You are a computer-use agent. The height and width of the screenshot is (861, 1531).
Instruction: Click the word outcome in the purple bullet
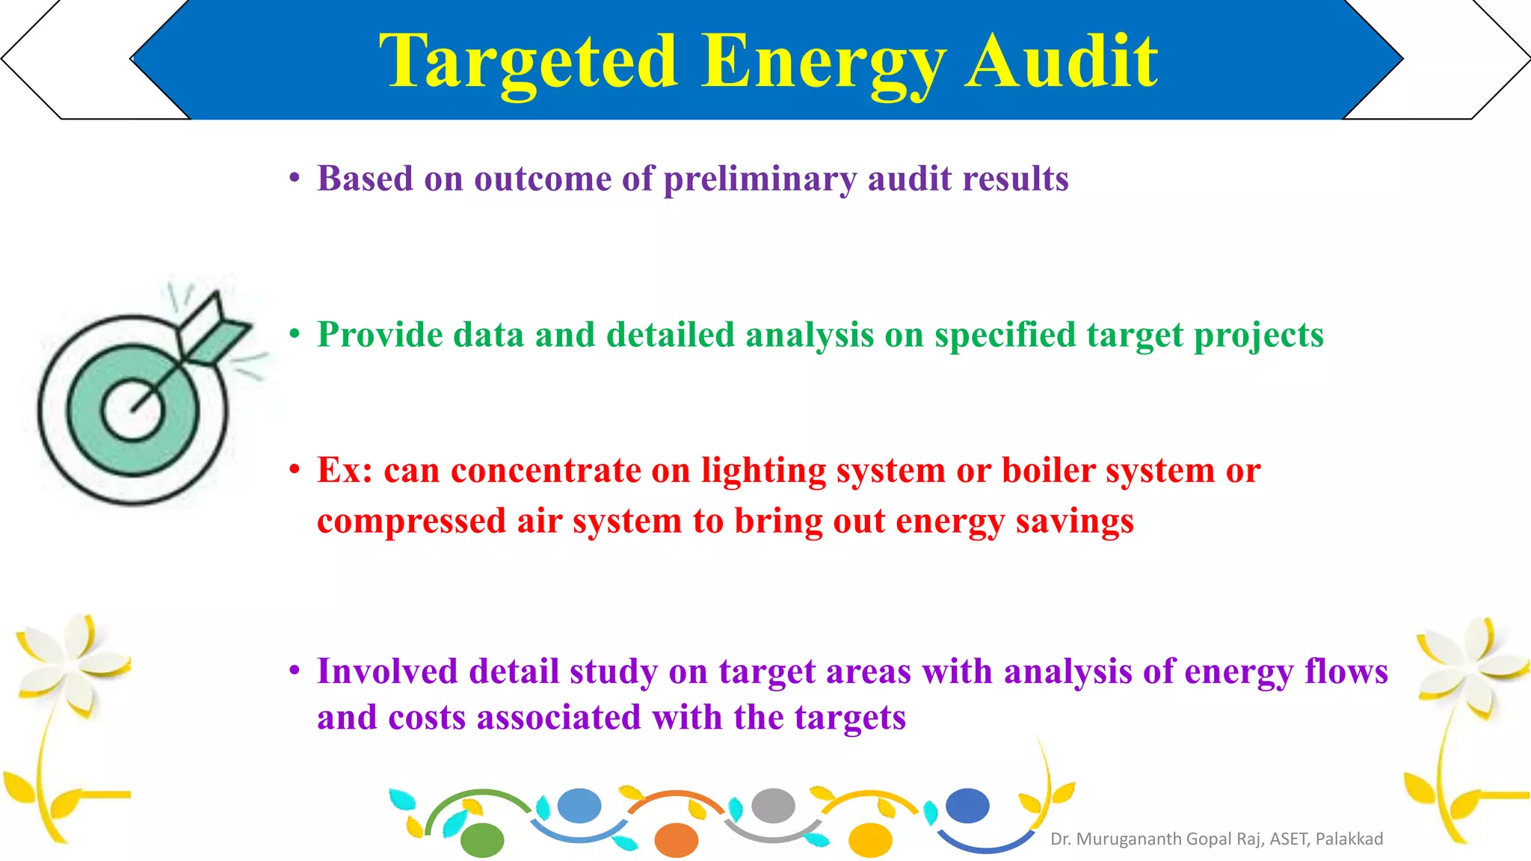pos(543,179)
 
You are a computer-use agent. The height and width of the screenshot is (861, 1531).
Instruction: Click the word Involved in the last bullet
pos(387,671)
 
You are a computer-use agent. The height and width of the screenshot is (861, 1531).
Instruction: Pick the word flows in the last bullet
pos(1346,671)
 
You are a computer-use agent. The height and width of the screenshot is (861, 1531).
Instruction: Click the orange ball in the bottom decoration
pos(676,841)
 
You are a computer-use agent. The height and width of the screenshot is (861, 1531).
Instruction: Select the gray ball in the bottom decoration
pos(773,806)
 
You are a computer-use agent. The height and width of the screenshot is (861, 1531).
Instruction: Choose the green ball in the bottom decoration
pos(482,841)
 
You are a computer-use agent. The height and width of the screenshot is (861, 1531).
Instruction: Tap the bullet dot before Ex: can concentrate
pos(295,470)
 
